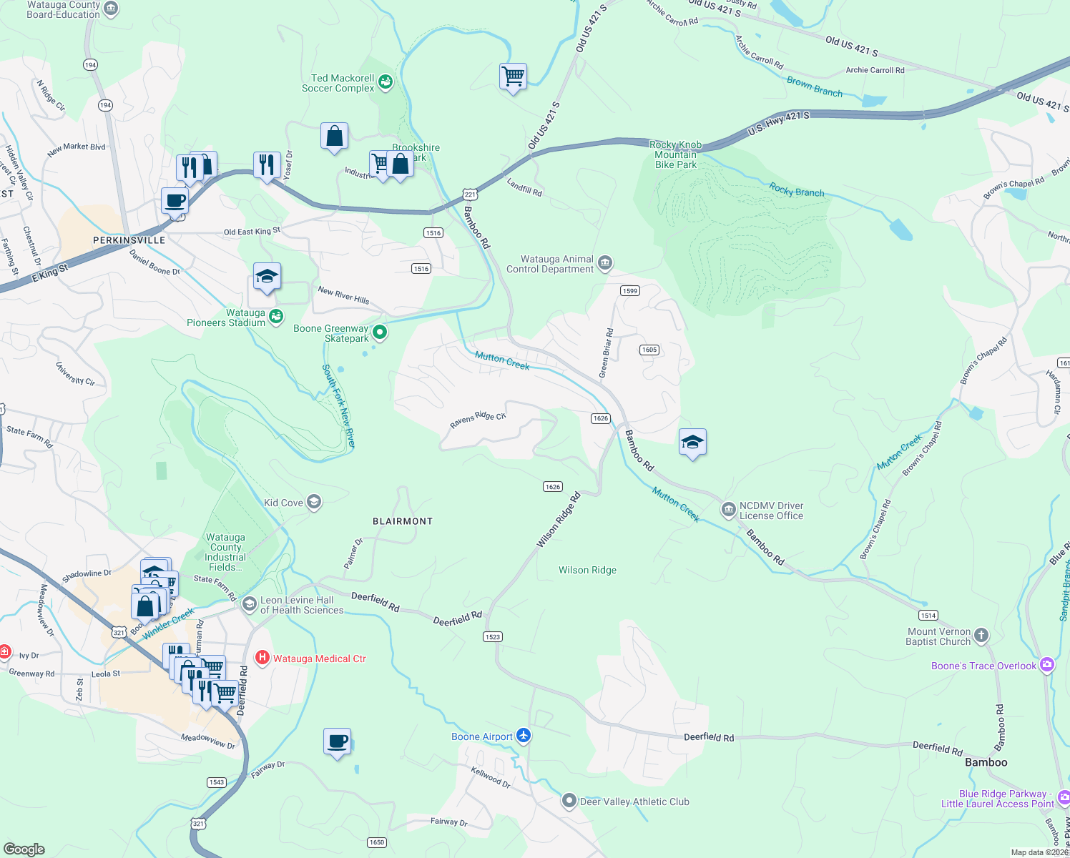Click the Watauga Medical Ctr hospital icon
262,658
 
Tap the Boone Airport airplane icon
524,736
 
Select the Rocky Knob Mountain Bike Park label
676,154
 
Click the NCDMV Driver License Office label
771,511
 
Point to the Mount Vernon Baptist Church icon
981,635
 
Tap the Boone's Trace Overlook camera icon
1047,665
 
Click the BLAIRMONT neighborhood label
403,521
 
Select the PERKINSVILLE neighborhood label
129,240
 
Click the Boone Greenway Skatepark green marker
381,332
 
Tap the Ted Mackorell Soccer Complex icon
386,82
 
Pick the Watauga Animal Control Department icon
605,263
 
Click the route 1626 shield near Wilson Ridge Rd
553,486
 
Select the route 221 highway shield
469,194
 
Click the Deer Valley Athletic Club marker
569,801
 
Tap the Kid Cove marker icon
313,502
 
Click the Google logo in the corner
24,849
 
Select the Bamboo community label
986,762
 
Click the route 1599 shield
629,290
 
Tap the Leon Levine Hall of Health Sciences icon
250,604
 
